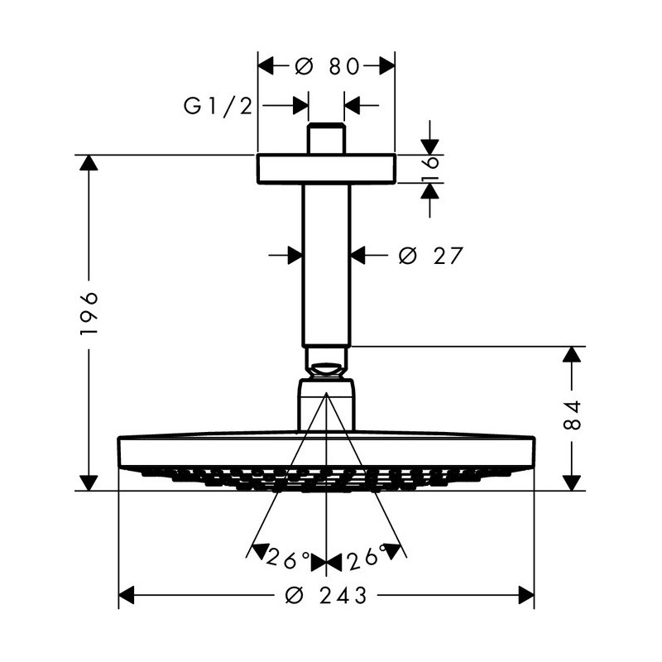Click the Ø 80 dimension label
(327, 66)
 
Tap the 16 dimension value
(430, 169)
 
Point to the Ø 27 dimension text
(429, 256)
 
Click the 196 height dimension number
(89, 314)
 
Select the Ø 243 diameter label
(329, 595)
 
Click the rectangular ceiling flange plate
(327, 168)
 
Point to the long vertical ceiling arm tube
(328, 265)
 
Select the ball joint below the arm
(328, 361)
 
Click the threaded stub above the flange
(327, 139)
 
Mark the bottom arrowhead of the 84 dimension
(571, 482)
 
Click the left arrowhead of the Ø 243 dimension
(127, 595)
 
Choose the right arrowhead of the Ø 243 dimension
(526, 595)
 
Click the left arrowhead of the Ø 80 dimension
(266, 65)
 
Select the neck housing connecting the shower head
(328, 404)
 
